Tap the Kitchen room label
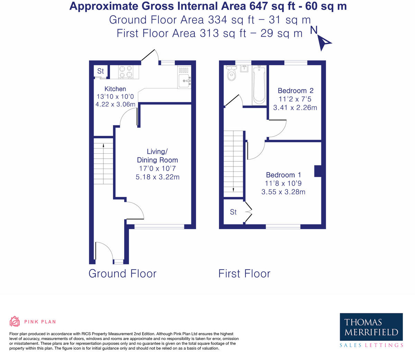tap(115, 89)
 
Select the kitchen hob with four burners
tap(126, 72)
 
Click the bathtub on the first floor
tap(259, 84)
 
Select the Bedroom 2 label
tap(295, 91)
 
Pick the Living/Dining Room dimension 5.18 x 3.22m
tap(157, 177)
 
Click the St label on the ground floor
tap(100, 71)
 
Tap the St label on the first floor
tap(233, 212)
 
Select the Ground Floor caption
tap(122, 273)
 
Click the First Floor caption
tap(244, 273)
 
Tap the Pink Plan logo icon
tap(15, 322)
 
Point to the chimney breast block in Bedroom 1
tap(317, 171)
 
